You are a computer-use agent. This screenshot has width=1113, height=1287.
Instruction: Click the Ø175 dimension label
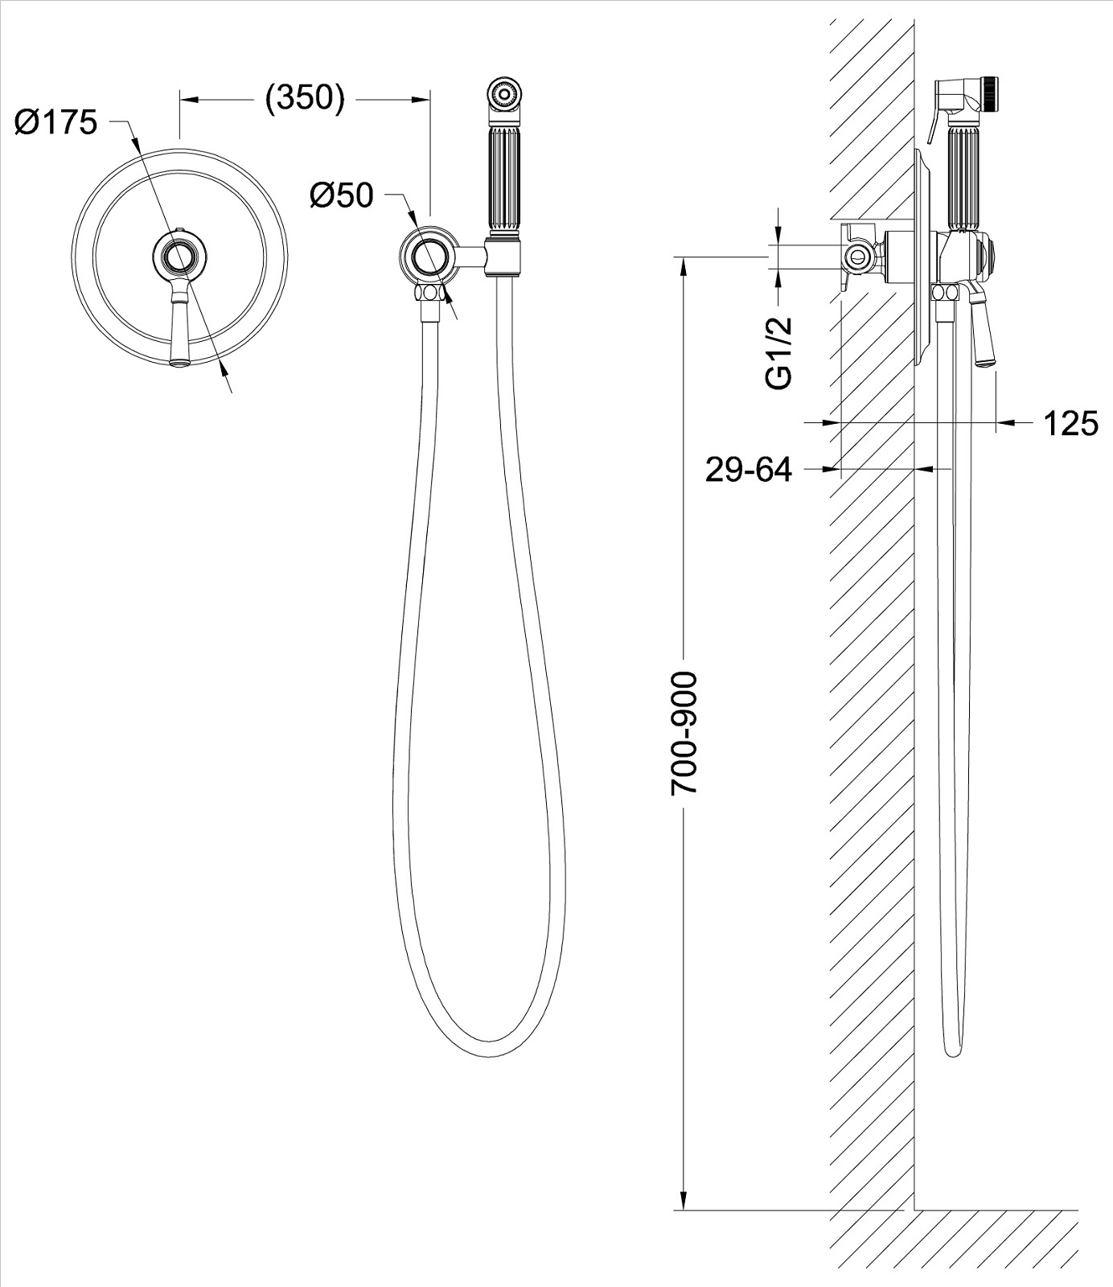click(55, 123)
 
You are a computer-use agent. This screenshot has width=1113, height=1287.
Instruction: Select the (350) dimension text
click(305, 97)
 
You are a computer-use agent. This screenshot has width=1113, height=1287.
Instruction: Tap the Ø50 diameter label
click(342, 195)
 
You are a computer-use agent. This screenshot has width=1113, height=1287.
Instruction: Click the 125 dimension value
click(1070, 423)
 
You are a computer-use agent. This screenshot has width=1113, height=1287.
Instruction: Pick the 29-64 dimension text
click(748, 470)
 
